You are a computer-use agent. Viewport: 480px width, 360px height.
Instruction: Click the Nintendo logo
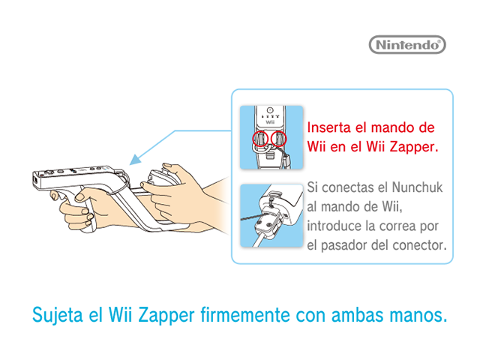407,45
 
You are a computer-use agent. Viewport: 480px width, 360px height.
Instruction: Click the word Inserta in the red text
328,127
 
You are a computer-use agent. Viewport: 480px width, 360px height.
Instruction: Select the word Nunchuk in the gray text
417,187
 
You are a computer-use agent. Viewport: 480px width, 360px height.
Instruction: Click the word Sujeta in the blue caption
58,315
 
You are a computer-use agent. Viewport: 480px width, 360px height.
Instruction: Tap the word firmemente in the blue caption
245,315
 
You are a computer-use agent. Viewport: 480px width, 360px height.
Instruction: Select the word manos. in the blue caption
418,315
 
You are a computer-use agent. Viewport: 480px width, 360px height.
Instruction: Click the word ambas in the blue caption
357,315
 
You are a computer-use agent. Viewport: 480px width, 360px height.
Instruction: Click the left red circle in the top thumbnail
260,139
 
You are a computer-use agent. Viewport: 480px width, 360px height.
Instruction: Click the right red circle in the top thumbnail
278,139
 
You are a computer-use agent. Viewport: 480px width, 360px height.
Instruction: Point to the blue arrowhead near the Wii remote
135,160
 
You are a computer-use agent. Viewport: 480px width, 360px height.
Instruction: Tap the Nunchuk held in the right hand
159,178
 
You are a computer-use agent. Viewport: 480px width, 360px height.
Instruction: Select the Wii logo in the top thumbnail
270,122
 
